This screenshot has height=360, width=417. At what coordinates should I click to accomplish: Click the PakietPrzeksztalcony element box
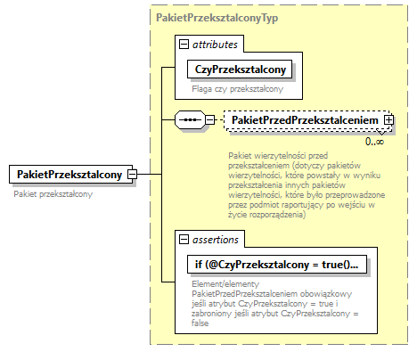coord(68,174)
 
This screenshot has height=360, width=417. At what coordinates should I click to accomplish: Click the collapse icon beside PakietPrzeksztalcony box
coord(132,174)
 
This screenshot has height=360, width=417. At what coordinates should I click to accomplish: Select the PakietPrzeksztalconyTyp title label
coord(207,17)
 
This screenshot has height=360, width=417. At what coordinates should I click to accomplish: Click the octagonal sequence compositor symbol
coord(189,119)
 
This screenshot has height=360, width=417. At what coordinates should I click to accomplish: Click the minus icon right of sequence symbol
coord(209,119)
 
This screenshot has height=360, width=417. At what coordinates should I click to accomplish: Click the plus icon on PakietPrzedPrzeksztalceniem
coord(388,119)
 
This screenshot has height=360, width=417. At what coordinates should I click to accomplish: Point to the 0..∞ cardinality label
coord(374,141)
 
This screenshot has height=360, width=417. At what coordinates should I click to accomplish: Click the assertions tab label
coord(217,240)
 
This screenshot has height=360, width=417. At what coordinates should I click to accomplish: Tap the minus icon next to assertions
coord(183,240)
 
